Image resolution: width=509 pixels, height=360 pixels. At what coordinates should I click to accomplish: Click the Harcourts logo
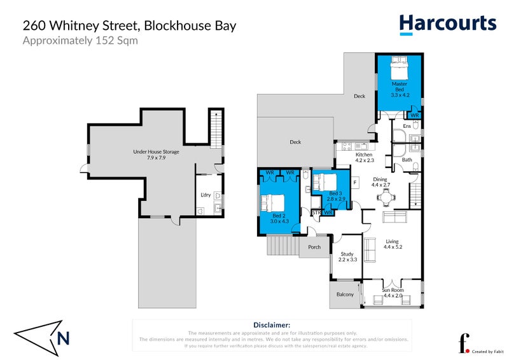(x=447, y=24)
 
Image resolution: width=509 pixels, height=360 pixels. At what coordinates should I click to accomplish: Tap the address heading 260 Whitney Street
(x=129, y=26)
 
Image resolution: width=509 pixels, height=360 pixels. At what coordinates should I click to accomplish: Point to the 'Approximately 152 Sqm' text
(x=80, y=41)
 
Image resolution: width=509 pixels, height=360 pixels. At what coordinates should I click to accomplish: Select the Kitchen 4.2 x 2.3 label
(x=364, y=158)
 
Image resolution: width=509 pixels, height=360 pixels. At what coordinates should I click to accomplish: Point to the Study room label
(x=346, y=256)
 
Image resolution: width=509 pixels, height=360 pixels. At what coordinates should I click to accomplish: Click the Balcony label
(x=345, y=294)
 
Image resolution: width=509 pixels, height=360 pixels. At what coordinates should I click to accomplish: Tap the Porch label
(x=314, y=247)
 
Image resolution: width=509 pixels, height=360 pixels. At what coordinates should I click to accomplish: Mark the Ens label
(x=406, y=127)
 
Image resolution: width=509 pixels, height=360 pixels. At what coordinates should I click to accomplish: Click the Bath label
(x=407, y=160)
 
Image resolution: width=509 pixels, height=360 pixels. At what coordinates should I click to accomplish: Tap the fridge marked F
(x=354, y=184)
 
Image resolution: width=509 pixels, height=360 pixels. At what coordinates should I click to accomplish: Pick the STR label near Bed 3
(x=316, y=212)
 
